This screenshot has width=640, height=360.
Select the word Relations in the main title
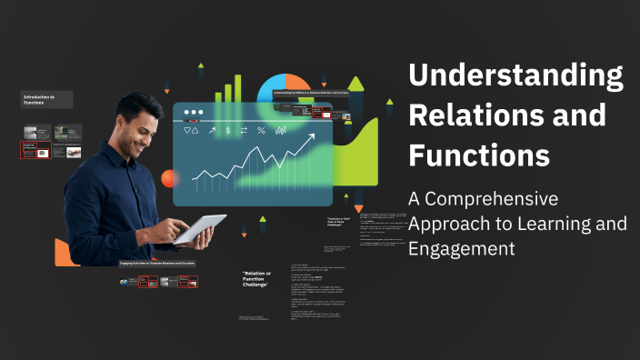pos(463,115)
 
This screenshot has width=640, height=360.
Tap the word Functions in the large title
pos(479,155)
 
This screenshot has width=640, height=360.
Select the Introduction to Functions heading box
pos(46,100)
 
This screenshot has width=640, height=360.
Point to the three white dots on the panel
pos(193,114)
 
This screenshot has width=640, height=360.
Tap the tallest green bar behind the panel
pos(239,87)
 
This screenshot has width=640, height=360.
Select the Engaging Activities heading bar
pos(156,263)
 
